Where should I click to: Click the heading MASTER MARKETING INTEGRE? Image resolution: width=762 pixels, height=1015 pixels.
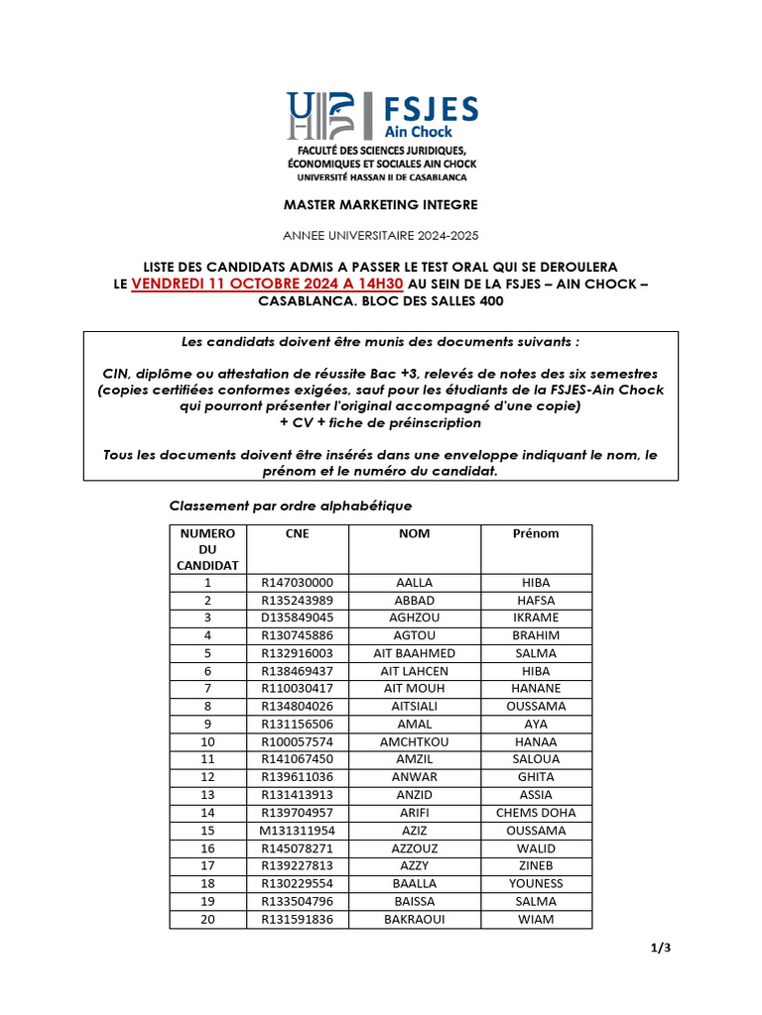pyautogui.click(x=381, y=205)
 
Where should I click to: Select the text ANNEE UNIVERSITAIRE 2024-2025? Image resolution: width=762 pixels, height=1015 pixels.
pyautogui.click(x=381, y=236)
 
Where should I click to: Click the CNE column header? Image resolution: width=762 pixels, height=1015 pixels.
pyautogui.click(x=297, y=533)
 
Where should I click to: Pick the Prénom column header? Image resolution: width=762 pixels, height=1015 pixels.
pyautogui.click(x=536, y=533)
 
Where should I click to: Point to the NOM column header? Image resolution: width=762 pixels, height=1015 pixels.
pyautogui.click(x=414, y=533)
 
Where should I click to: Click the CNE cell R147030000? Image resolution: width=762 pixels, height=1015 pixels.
pyautogui.click(x=298, y=583)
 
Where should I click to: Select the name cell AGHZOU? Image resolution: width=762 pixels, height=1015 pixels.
pyautogui.click(x=414, y=618)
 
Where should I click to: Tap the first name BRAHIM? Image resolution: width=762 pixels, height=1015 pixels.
pyautogui.click(x=536, y=635)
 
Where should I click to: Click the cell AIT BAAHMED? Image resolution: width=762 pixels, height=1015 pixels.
pyautogui.click(x=414, y=653)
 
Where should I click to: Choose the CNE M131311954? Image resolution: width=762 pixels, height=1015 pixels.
pyautogui.click(x=298, y=831)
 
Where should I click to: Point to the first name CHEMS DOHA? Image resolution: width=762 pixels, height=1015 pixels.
pyautogui.click(x=536, y=813)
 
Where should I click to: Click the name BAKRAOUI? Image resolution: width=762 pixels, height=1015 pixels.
pyautogui.click(x=414, y=919)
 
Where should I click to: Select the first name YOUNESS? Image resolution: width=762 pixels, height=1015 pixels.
pyautogui.click(x=536, y=883)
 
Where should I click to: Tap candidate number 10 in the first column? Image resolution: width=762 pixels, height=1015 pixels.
pyautogui.click(x=207, y=741)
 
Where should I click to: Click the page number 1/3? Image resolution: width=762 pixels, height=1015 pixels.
pyautogui.click(x=661, y=948)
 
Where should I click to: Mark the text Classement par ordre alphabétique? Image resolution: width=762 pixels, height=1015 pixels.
pyautogui.click(x=291, y=506)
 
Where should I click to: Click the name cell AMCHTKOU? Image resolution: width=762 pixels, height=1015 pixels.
pyautogui.click(x=414, y=741)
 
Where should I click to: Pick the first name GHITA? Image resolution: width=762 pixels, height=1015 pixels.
pyautogui.click(x=536, y=777)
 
